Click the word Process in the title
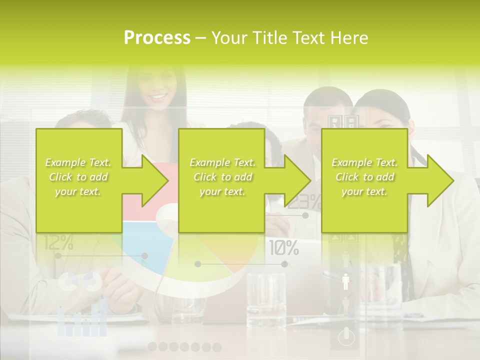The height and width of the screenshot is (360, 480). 157,38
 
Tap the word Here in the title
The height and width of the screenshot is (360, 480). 349,38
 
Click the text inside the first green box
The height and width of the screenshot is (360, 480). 78,177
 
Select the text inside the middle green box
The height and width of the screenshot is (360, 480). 222,177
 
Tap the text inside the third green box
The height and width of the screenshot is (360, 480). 364,177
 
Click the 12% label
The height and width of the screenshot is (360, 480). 58,243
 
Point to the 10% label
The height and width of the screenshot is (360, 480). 284,247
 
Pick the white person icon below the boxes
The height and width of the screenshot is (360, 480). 345,281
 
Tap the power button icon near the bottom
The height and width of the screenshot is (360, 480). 346,336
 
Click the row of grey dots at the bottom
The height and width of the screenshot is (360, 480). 184,346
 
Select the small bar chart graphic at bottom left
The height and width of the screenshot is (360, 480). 82,320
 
